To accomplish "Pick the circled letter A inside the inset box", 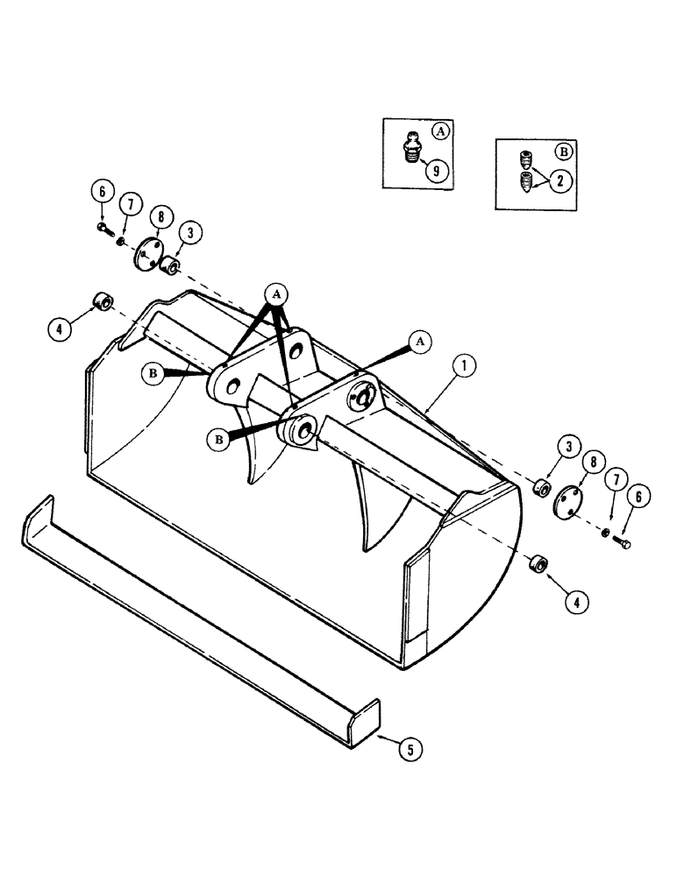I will coord(440,131).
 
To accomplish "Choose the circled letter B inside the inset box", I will coord(564,151).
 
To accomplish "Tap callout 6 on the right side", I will coord(636,496).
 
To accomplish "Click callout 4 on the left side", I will coord(59,330).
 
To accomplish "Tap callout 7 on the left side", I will coord(130,205).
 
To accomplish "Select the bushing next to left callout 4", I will coord(103,303).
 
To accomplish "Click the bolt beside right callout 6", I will coord(624,544).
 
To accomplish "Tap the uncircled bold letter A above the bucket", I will coord(277,296).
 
